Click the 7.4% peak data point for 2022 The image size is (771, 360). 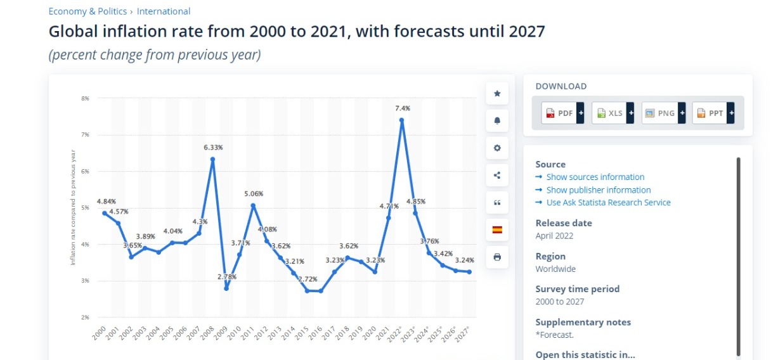click(401, 120)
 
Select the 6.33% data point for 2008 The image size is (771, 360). click(212, 159)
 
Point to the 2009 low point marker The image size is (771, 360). click(226, 288)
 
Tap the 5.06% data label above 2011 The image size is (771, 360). click(252, 193)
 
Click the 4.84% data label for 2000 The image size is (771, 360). click(106, 201)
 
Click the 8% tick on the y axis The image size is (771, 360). click(85, 98)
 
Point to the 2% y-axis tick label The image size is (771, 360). click(85, 317)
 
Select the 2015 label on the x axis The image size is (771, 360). click(303, 333)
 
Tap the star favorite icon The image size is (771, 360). click(497, 93)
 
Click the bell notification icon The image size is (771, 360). click(497, 120)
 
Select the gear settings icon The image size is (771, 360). click(497, 148)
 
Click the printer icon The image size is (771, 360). click(497, 257)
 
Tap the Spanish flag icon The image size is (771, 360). click(497, 229)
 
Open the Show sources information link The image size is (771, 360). click(595, 177)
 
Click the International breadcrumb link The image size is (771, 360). click(164, 11)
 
